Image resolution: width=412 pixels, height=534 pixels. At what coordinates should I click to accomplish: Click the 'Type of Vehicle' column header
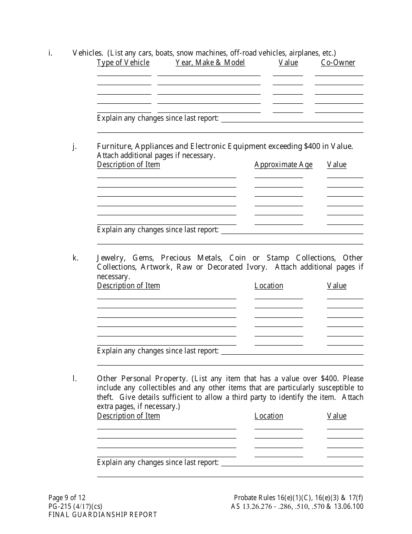tap(123, 63)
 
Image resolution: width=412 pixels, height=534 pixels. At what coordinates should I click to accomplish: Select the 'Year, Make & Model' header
tap(210, 63)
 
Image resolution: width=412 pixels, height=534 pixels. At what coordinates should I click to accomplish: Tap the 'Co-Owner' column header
tap(338, 63)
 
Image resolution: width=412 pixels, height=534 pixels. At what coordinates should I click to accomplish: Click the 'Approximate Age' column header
tap(283, 165)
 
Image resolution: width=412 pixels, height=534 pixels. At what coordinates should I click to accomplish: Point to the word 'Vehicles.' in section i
tap(88, 53)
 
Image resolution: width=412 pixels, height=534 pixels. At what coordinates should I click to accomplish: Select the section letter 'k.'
tap(75, 257)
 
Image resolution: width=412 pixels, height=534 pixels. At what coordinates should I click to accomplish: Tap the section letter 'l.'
tap(75, 378)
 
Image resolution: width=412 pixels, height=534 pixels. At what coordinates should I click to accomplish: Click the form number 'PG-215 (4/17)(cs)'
tap(75, 506)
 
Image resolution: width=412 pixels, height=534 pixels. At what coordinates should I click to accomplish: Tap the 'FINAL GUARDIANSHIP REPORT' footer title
tap(103, 515)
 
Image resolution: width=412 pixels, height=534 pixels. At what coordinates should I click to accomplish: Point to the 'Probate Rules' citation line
tap(298, 498)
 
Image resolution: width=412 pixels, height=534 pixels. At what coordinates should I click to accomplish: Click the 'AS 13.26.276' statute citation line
tap(297, 506)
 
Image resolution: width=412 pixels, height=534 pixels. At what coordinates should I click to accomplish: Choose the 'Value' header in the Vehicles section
tap(288, 63)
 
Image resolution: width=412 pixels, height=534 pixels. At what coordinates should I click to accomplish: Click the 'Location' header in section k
tap(269, 286)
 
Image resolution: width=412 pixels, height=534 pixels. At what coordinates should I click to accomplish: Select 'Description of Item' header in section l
tap(128, 416)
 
